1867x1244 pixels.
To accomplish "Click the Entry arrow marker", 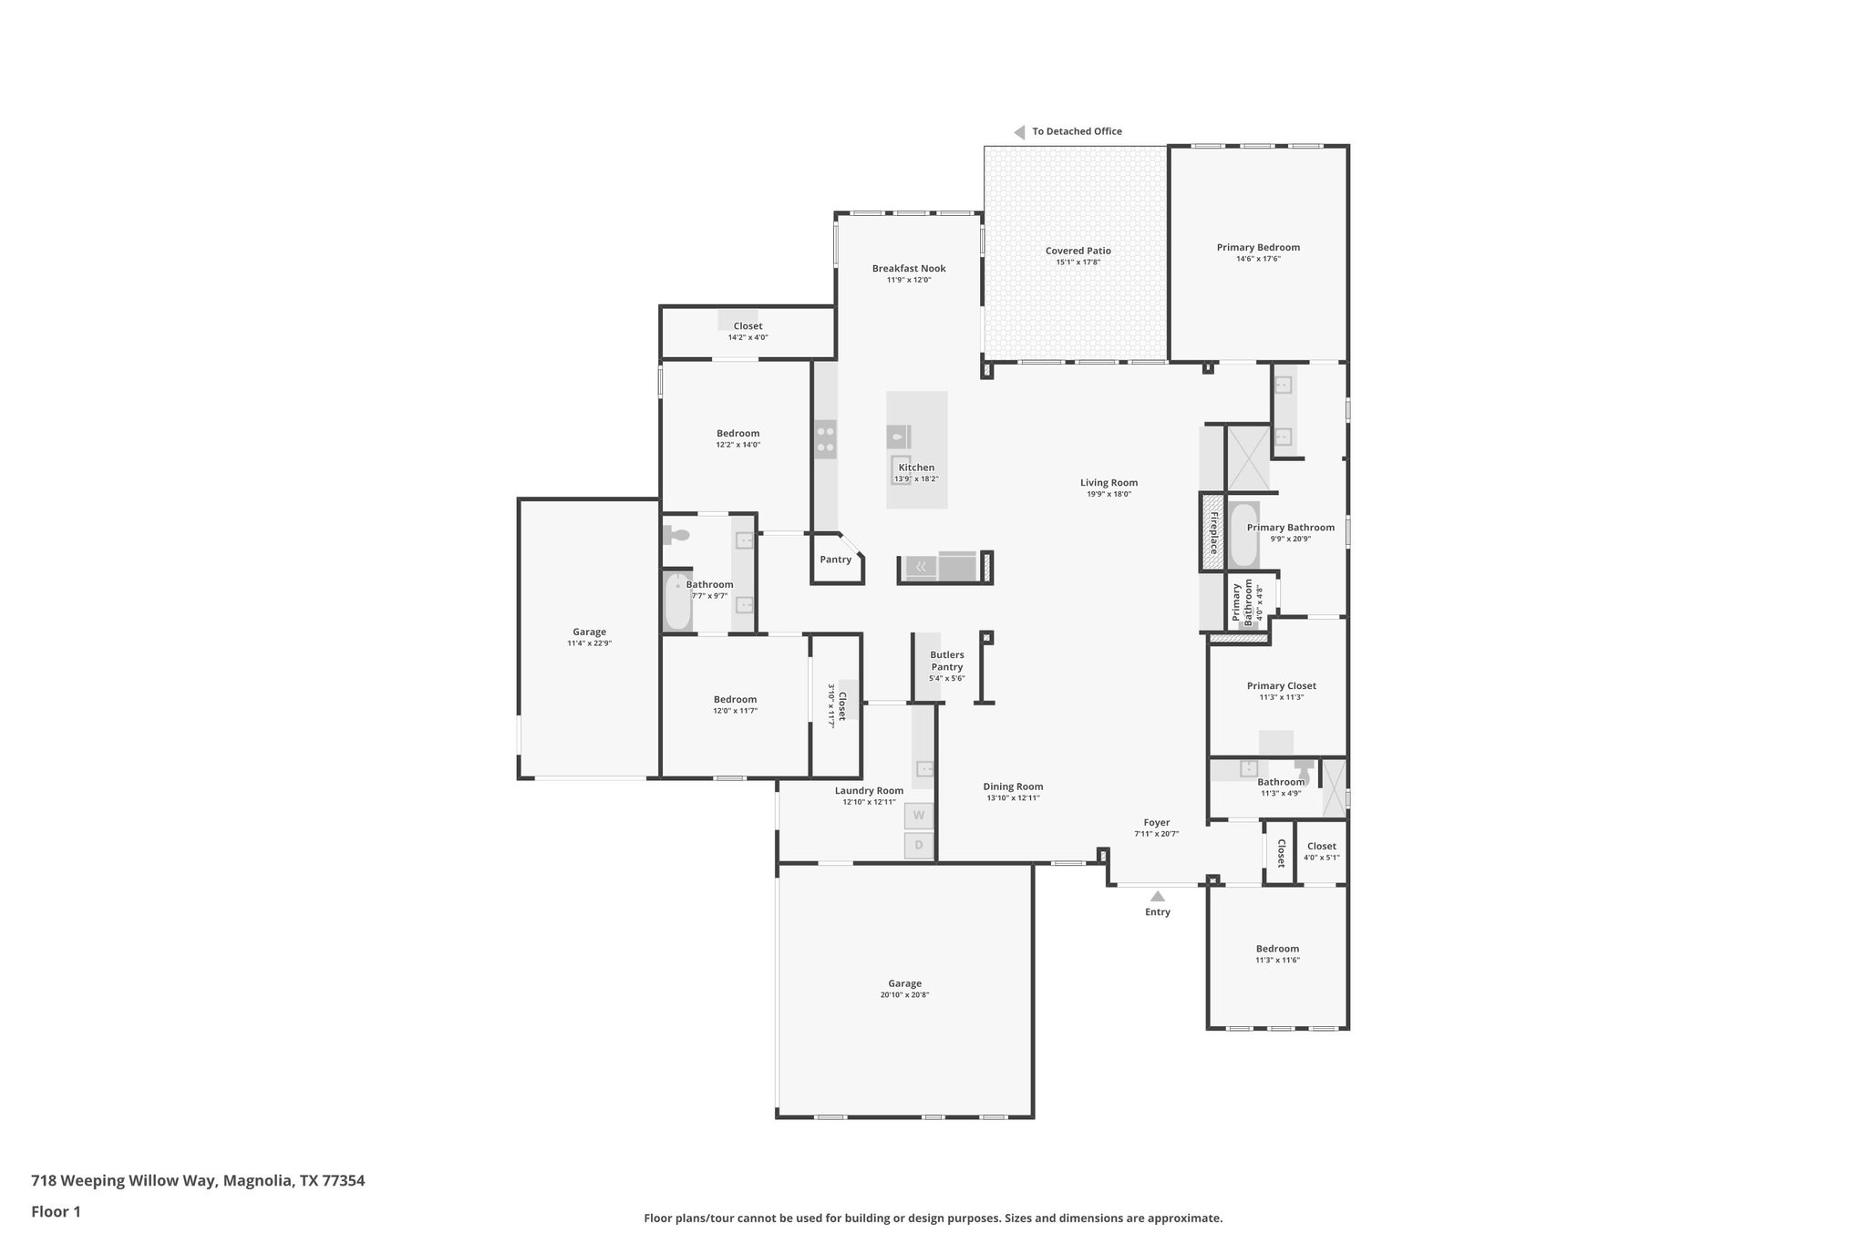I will [x=1157, y=896].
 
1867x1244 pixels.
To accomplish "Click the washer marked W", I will [x=919, y=815].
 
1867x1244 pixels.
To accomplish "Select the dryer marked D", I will [x=919, y=846].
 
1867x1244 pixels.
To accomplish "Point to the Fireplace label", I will [x=1213, y=533].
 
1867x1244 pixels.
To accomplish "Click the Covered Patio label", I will [x=1078, y=251].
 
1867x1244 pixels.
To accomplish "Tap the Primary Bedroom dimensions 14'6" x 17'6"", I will [x=1258, y=259].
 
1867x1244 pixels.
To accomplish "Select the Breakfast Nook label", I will [x=908, y=268].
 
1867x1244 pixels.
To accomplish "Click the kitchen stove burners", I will [x=826, y=438].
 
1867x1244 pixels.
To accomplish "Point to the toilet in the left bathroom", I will [x=678, y=536].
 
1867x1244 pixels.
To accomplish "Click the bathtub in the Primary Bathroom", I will [x=1243, y=535].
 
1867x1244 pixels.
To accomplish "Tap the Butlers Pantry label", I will [x=946, y=661].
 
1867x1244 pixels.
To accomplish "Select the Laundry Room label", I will [x=869, y=790].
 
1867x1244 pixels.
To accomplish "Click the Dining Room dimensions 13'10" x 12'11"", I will [x=1013, y=798].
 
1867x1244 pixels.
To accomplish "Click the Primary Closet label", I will [x=1281, y=685].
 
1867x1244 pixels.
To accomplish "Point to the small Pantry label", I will [x=835, y=559].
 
